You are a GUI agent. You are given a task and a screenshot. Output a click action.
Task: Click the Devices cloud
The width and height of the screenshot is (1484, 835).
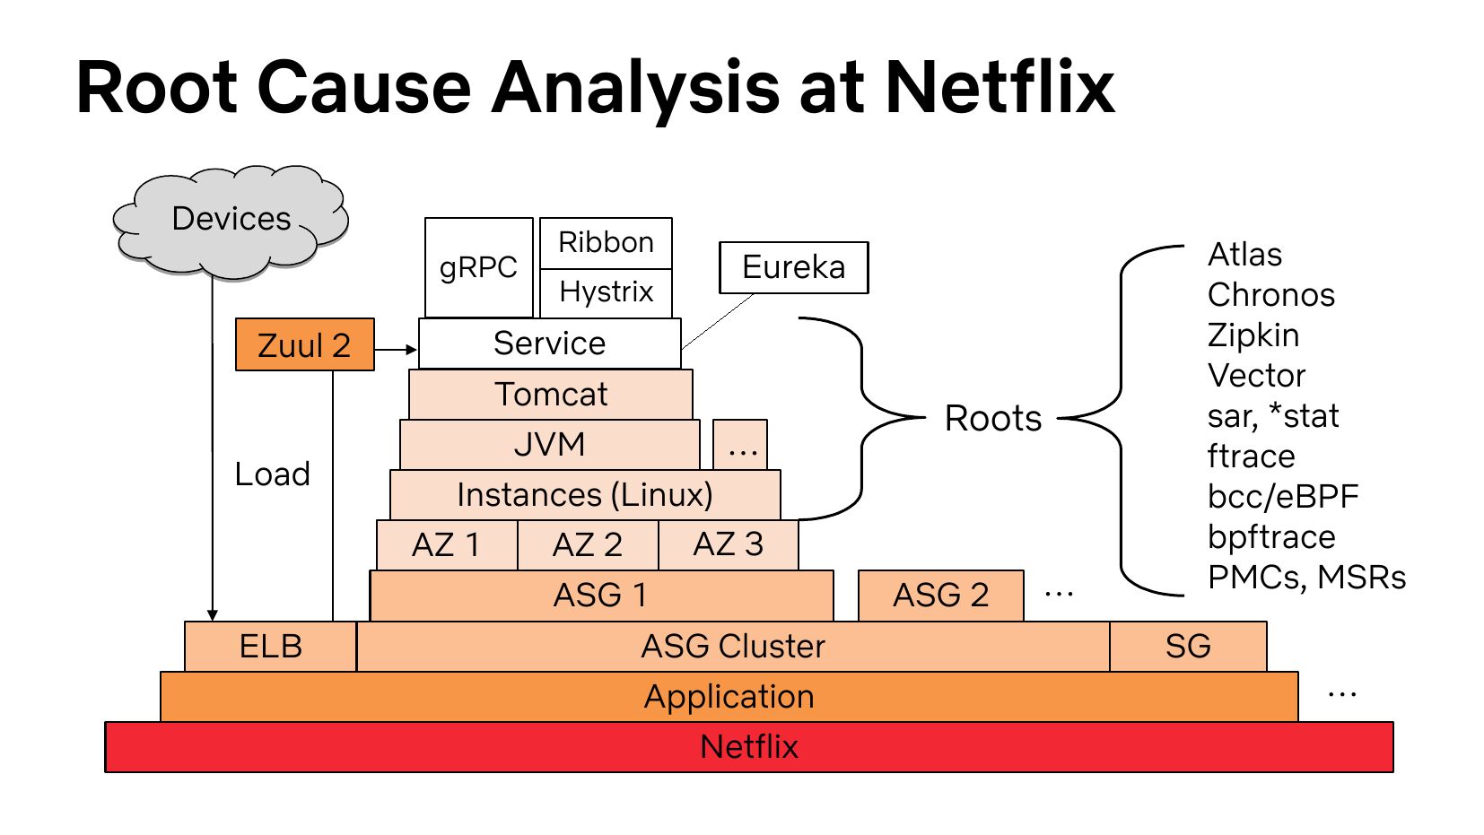[x=231, y=220]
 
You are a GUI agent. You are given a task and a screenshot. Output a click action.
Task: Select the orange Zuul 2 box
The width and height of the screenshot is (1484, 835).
[x=304, y=344]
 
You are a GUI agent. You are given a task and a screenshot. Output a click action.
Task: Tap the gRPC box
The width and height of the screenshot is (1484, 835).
[x=478, y=267]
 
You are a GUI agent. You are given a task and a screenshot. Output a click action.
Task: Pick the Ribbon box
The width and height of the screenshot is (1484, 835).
[x=606, y=242]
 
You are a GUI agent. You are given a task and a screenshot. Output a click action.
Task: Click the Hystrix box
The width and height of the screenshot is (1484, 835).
[x=606, y=292]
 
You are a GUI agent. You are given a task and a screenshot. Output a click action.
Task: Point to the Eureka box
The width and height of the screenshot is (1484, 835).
[x=793, y=267]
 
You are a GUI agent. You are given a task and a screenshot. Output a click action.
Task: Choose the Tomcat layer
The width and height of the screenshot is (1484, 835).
[x=551, y=395]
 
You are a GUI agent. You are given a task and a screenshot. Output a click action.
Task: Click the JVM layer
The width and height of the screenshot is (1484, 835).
[x=549, y=445]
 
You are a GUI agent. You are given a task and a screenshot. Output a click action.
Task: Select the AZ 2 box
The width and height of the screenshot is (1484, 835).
[x=588, y=545]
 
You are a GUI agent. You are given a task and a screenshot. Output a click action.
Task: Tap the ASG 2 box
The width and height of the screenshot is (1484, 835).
[x=940, y=596]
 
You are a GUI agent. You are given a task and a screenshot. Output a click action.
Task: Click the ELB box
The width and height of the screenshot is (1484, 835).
[x=270, y=647]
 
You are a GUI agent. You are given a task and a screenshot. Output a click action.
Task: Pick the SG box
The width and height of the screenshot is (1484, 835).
[x=1188, y=647]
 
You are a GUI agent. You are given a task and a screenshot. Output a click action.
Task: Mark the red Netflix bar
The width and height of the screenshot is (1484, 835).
[x=749, y=747]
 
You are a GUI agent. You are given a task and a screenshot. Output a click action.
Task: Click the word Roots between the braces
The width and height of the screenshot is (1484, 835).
[x=993, y=419]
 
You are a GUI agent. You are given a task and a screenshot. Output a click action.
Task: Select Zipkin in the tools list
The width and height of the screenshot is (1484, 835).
[x=1253, y=335]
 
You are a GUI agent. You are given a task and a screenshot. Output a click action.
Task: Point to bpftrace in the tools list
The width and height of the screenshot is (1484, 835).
[x=1271, y=537]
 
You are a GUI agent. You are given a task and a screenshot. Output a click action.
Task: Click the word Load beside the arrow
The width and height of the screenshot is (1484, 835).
[x=272, y=474]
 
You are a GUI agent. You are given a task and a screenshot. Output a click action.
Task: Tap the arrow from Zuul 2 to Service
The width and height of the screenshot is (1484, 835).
[x=396, y=349]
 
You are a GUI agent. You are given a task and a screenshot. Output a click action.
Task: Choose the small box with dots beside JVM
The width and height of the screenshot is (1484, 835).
[x=740, y=445]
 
